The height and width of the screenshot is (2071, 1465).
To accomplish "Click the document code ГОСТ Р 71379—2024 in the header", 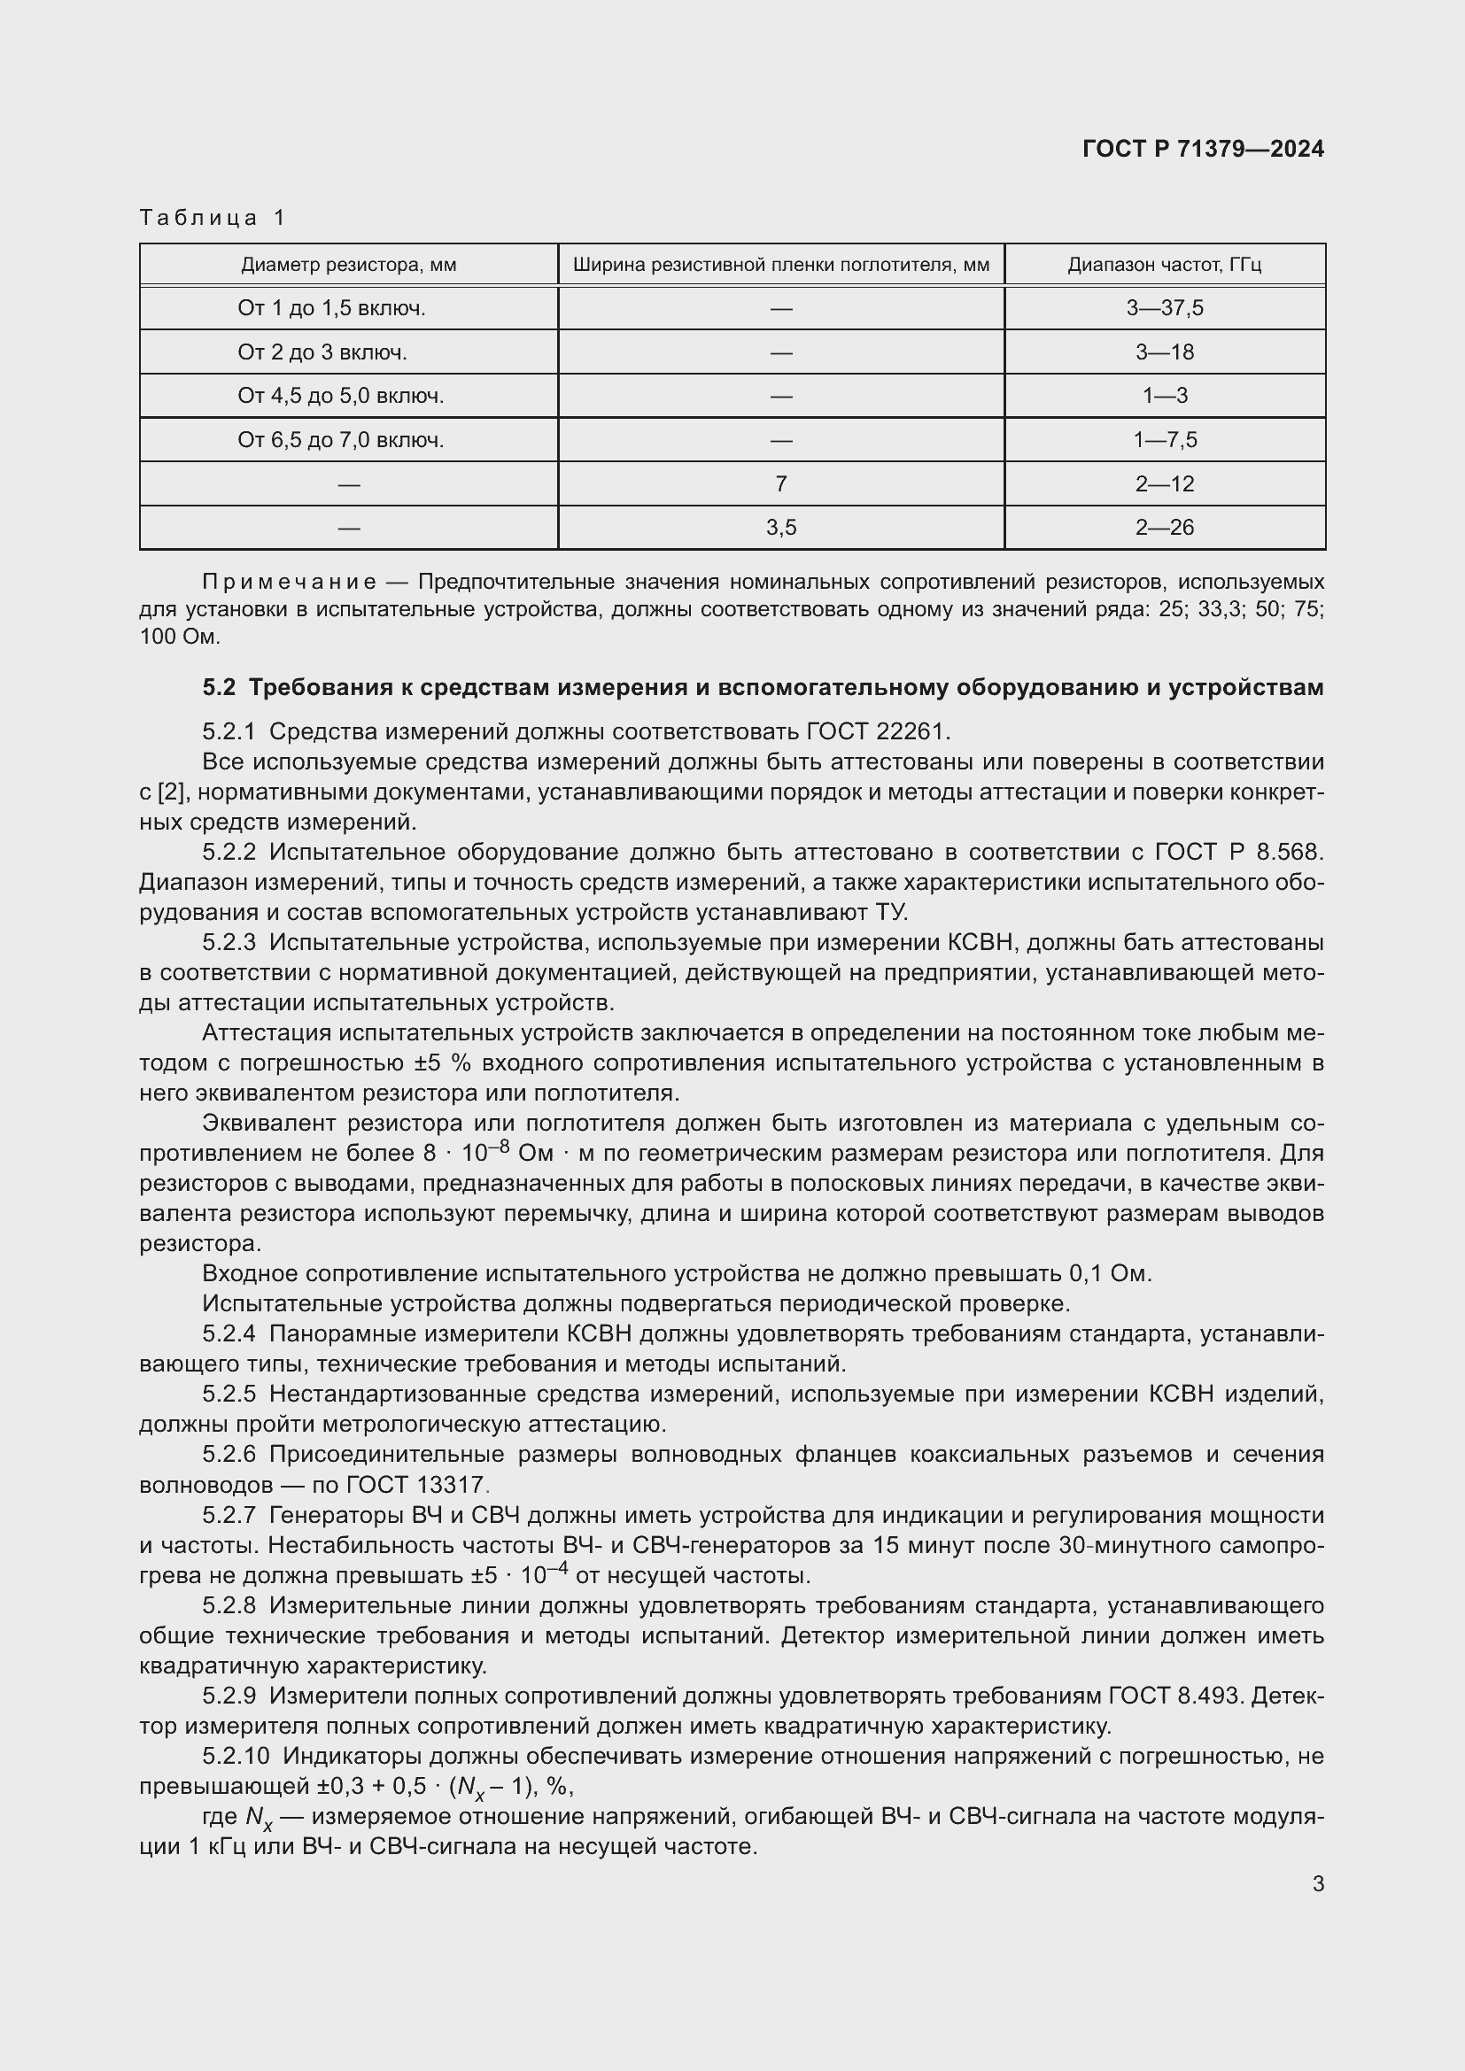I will click(x=1203, y=149).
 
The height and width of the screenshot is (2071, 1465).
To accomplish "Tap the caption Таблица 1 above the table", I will click(x=213, y=218).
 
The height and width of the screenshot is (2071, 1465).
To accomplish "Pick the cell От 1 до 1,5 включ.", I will click(x=331, y=308).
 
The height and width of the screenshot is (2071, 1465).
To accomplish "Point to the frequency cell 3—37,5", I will click(x=1164, y=308).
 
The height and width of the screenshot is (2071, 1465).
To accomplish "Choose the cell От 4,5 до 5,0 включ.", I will click(x=340, y=396).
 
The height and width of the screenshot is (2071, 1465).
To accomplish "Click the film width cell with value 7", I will click(x=780, y=484).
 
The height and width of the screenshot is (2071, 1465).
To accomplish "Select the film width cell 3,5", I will click(x=780, y=528).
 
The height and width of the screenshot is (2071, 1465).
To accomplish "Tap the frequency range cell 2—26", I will click(x=1164, y=528).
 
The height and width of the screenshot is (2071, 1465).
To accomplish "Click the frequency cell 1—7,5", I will click(x=1164, y=440).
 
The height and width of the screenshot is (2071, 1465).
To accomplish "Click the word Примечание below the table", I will click(x=289, y=581).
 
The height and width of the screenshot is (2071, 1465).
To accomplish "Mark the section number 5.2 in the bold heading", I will click(x=218, y=688).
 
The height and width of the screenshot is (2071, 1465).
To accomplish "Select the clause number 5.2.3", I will click(x=229, y=943).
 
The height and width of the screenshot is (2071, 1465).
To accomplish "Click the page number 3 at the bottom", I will click(x=1318, y=1884).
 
